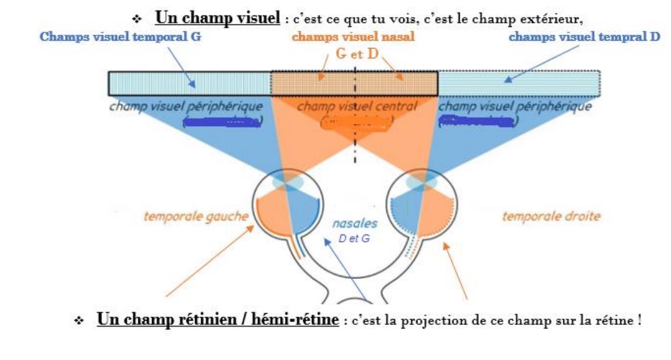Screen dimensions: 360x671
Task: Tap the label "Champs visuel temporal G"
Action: coord(121,36)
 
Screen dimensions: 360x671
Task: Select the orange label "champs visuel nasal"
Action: coord(353,37)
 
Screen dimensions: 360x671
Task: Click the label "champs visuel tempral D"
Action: coord(584,36)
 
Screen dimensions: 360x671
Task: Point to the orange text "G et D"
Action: coord(357,53)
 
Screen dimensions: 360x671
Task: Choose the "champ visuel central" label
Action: coord(357,106)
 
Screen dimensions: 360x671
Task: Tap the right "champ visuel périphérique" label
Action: coord(515,106)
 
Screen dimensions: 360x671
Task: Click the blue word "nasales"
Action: coord(355,224)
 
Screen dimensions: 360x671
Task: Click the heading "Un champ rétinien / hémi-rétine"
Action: coord(217,320)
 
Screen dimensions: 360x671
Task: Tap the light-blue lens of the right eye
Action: coord(423,182)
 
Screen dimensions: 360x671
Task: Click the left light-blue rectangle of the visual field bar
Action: coord(190,83)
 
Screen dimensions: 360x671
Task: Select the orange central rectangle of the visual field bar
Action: coord(354,83)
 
